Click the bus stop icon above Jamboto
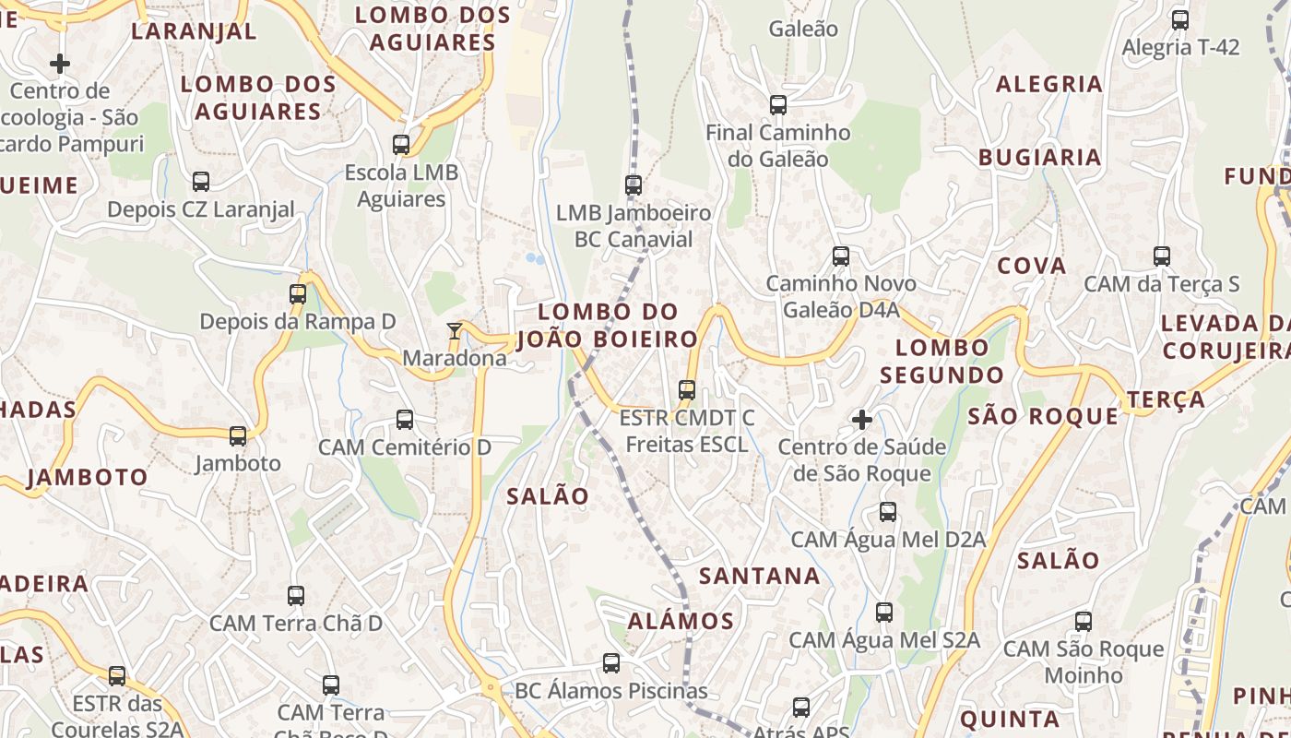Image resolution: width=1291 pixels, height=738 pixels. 238,435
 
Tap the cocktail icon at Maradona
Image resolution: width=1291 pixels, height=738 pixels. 454,331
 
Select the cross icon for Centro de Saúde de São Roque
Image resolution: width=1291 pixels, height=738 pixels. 862,421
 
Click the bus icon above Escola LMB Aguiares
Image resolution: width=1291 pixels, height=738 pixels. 401,145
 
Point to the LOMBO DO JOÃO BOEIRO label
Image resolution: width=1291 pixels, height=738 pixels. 608,326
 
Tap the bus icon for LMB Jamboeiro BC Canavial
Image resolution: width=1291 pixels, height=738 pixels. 634,185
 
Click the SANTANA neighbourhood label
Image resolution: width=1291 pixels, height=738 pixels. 759,577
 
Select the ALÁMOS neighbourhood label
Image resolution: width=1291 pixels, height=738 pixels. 681,621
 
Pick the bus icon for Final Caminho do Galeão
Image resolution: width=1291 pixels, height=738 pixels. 778,105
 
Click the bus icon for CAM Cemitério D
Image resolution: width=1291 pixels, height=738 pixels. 405,420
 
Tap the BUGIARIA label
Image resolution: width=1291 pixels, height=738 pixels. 1040,158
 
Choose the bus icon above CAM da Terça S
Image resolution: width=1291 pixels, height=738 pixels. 1162,256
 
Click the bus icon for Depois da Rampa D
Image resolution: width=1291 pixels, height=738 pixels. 298,294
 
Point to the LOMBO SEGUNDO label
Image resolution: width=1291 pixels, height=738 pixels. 942,362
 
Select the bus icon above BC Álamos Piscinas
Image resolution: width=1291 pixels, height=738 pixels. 611,663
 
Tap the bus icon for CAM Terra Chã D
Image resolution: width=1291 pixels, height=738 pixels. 296,596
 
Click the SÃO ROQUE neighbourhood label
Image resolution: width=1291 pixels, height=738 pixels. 1043,417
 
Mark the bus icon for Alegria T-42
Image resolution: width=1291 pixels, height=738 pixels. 1180,20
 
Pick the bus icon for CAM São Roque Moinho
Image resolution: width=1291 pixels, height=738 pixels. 1084,622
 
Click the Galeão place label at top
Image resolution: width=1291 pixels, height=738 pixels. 803,30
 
